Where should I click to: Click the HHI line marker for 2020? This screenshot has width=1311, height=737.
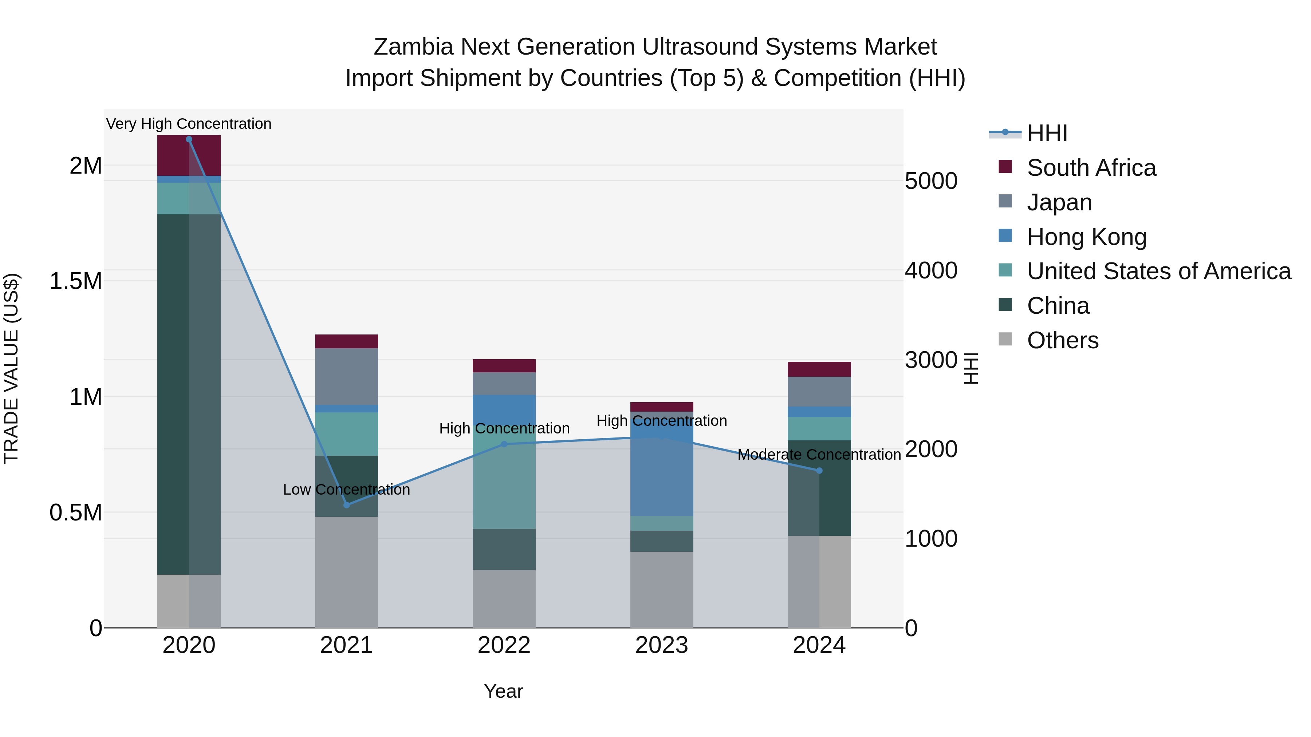pos(189,139)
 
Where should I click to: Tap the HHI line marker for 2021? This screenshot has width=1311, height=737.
pos(347,505)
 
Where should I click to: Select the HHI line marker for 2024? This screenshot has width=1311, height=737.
pos(819,471)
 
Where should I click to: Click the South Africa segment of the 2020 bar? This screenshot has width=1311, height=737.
pos(189,156)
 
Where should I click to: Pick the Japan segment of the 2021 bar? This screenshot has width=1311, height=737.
pos(347,376)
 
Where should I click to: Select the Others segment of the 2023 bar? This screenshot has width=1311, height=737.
pos(662,590)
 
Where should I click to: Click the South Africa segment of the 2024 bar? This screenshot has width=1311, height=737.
pos(819,369)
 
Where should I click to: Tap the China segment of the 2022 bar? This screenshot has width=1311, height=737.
pos(504,549)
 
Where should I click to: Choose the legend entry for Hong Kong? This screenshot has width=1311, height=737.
pos(1087,237)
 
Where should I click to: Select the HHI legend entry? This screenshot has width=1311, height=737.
pos(1047,133)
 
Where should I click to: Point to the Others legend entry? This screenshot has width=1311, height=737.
pos(1062,340)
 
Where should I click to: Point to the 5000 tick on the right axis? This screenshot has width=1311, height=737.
pos(931,181)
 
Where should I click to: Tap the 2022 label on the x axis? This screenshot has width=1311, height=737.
pos(504,645)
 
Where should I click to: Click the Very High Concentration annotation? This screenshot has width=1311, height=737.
pos(189,124)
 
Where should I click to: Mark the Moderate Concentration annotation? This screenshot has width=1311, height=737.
pos(819,454)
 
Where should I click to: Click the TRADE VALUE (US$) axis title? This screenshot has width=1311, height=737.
pos(11,368)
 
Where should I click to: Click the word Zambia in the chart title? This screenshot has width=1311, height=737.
pos(413,47)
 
